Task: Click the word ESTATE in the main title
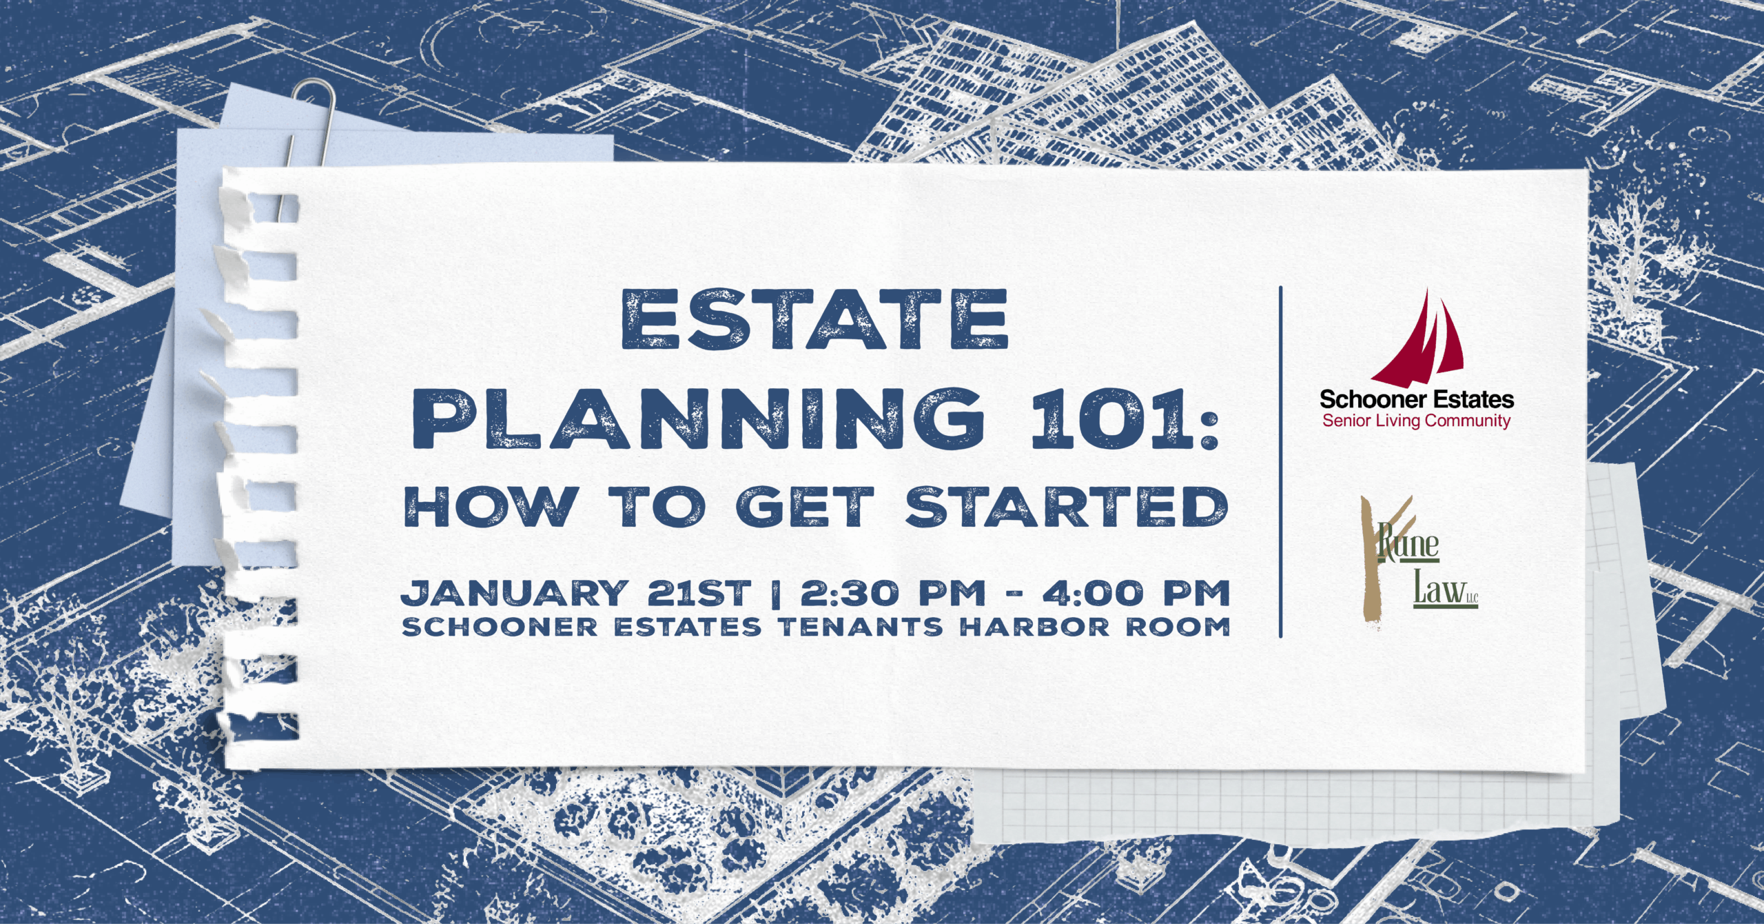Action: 814,319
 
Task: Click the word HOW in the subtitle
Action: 491,508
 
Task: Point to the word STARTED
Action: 1067,508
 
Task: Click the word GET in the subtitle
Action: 805,508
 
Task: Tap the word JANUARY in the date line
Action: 513,594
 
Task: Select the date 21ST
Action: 698,594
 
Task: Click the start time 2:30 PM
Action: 893,594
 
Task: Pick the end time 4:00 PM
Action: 1136,594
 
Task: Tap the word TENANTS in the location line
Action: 861,627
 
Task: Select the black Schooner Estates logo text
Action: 1417,399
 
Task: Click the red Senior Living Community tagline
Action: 1416,421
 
